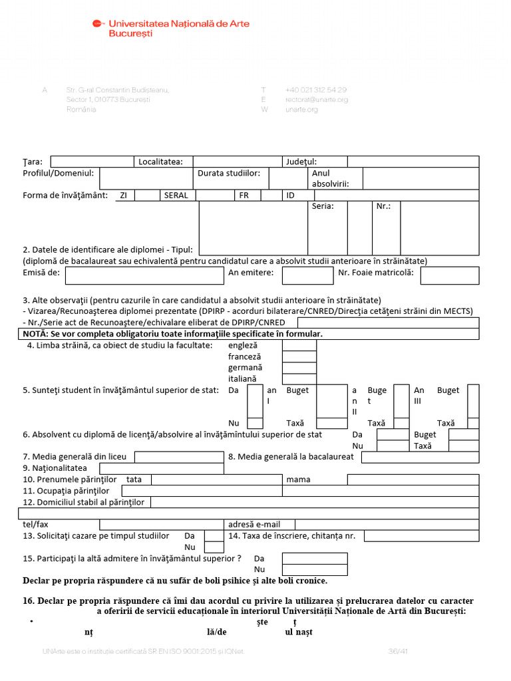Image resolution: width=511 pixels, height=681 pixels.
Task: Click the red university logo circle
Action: pos(98,24)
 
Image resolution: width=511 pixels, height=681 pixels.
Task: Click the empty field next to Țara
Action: pos(92,162)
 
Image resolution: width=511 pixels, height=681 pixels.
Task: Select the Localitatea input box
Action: pos(237,162)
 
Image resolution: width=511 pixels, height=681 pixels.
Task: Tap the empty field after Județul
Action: pos(413,162)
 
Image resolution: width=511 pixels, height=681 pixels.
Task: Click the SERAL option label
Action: pos(176,196)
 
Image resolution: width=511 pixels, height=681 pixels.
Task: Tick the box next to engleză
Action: pos(299,345)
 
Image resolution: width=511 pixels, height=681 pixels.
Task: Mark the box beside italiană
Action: pos(299,378)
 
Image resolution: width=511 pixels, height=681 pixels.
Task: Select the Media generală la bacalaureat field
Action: pos(420,457)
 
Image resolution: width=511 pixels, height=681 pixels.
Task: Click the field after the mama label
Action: pos(413,479)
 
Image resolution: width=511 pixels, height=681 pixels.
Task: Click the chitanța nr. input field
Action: pos(421,536)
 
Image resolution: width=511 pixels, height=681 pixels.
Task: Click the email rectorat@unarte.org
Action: pos(317,100)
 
